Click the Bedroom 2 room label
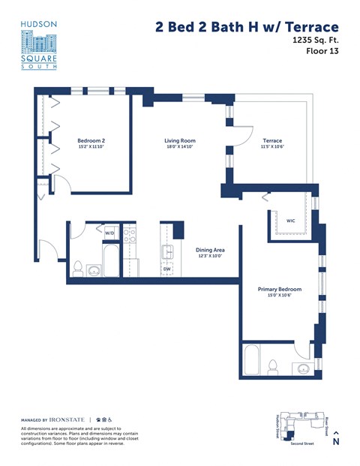pos(91,140)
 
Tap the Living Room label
pos(180,140)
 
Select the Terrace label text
pos(271,140)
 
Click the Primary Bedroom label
pos(279,289)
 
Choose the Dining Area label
pos(210,250)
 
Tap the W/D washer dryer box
pos(109,233)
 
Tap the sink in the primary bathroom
pos(302,368)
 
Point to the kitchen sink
pos(168,251)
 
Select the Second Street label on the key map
pos(303,444)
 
